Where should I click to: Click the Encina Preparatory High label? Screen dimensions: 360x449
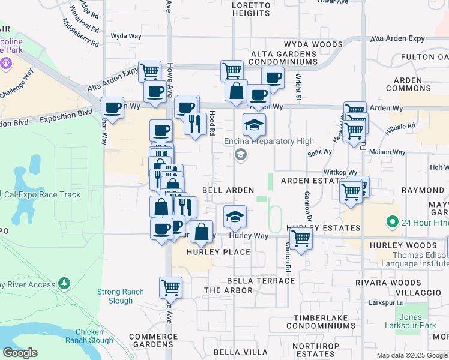point(269,141)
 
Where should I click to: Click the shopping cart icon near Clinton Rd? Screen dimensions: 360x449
point(300,238)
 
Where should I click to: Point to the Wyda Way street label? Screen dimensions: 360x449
point(125,37)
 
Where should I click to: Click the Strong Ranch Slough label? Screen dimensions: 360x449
point(121,296)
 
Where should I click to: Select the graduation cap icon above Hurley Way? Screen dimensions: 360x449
point(235,216)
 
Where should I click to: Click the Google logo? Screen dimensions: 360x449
point(20,353)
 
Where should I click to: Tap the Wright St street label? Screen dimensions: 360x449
point(298,87)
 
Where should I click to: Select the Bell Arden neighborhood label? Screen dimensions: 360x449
point(228,190)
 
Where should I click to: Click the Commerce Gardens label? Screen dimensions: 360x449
point(152,340)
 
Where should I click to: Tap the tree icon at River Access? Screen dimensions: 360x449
point(64,283)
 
